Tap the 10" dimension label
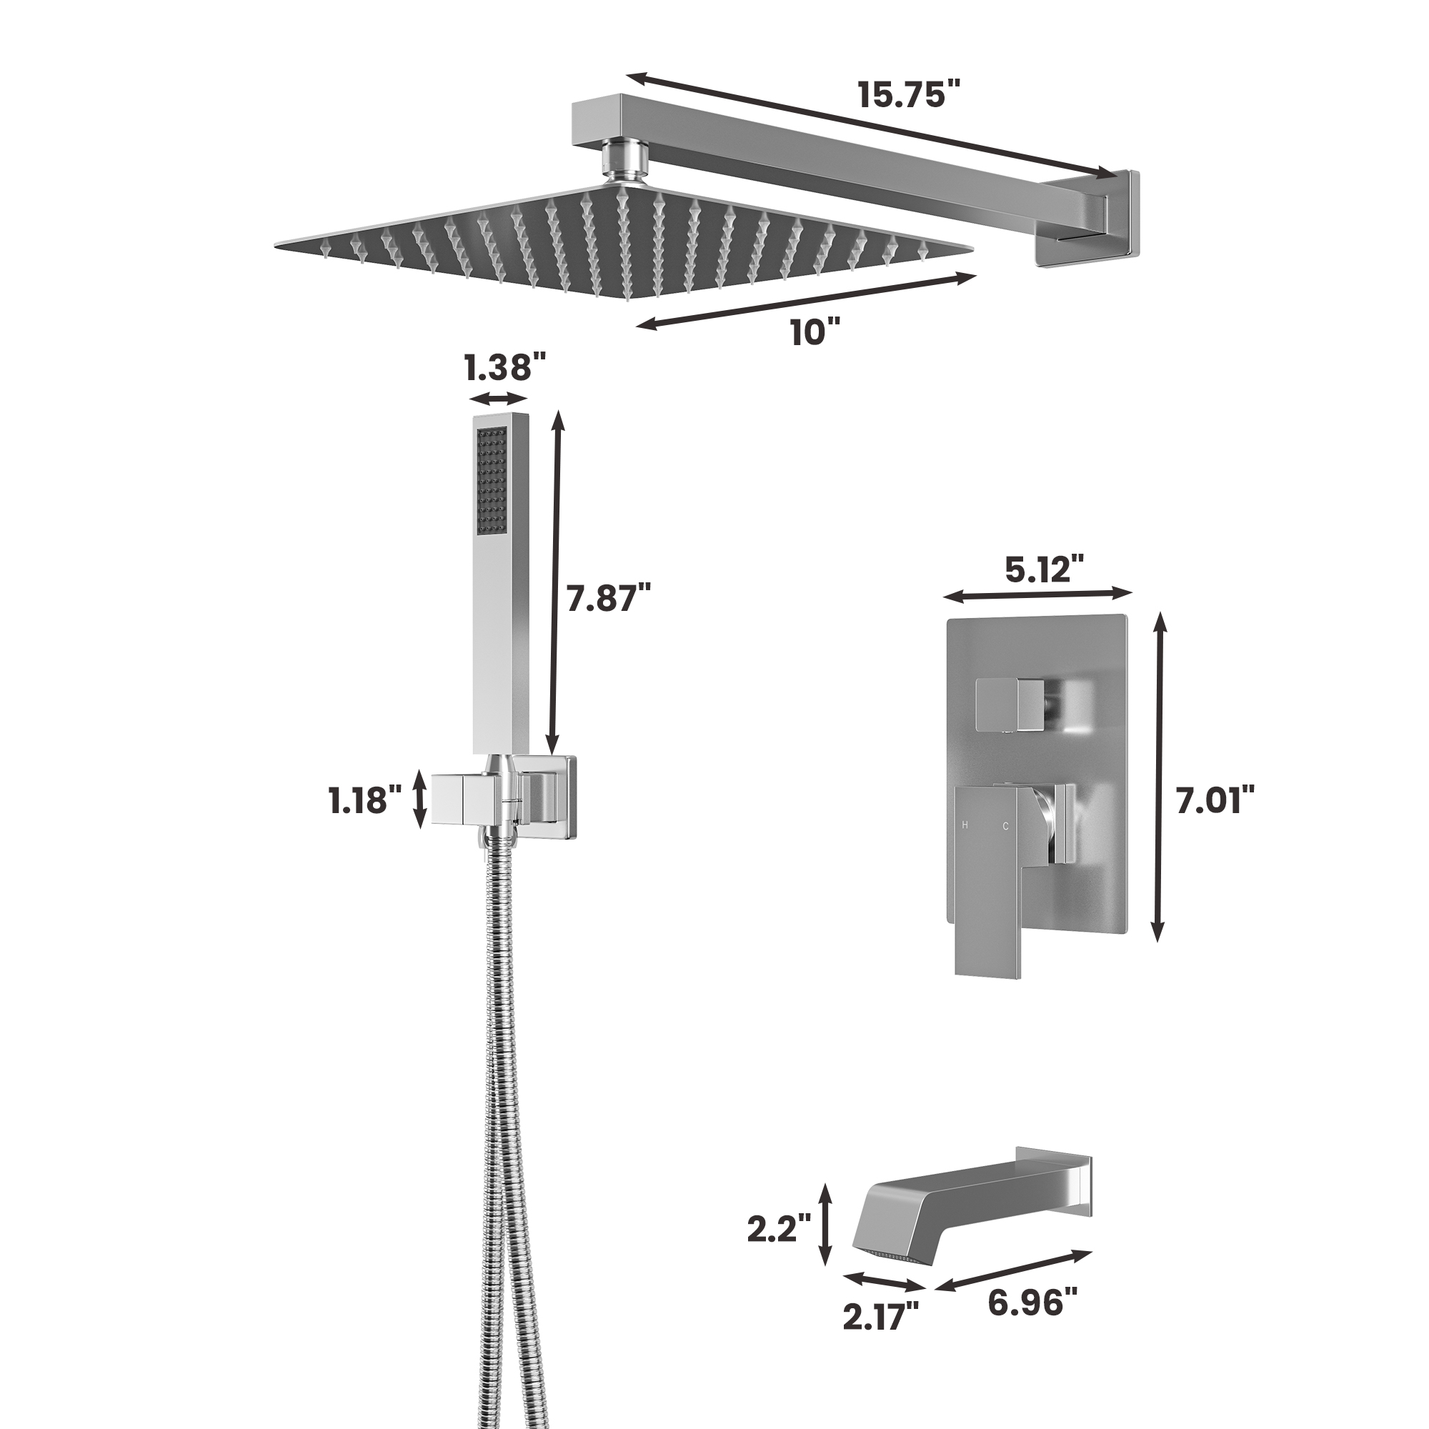point(815,332)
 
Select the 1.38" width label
point(504,367)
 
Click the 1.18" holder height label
point(365,801)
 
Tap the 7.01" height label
point(1215,801)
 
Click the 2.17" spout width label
point(880,1316)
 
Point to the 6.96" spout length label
point(1032,1301)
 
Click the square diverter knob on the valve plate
point(1010,701)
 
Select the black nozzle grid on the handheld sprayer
point(492,482)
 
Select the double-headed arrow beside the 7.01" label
point(1159,776)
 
